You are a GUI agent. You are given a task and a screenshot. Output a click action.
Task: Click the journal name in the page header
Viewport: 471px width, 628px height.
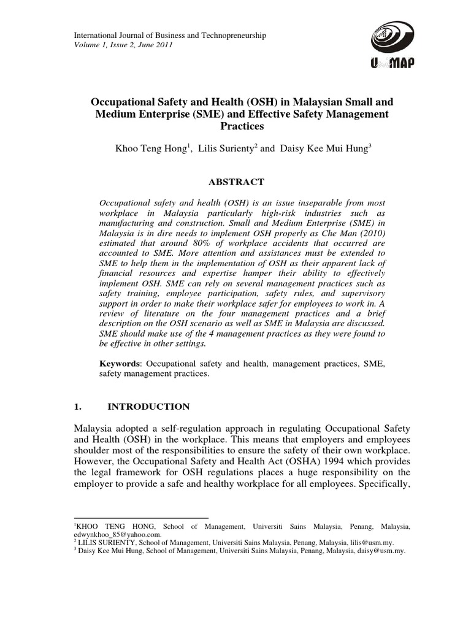click(x=169, y=36)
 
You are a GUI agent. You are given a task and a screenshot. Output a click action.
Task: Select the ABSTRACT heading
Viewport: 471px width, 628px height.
click(x=237, y=182)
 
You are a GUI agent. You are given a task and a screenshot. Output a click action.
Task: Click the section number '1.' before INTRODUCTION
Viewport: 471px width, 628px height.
click(x=77, y=407)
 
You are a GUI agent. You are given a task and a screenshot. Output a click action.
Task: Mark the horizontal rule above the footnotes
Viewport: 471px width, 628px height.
click(x=140, y=518)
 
